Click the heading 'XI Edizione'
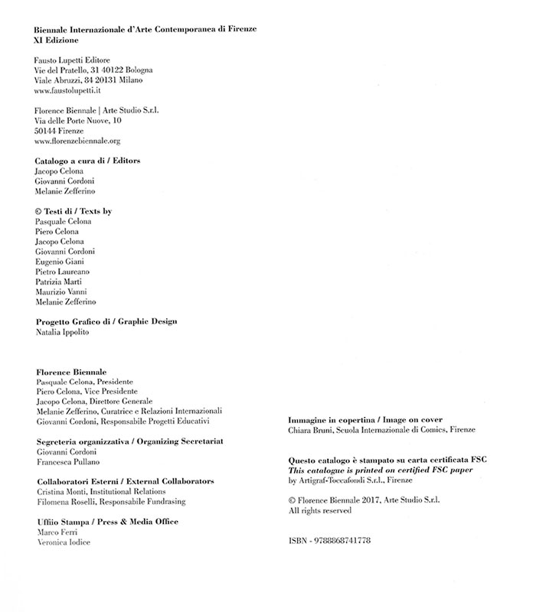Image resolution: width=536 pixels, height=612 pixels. tap(57, 40)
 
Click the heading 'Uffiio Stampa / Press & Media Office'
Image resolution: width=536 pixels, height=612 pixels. tap(107, 521)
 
